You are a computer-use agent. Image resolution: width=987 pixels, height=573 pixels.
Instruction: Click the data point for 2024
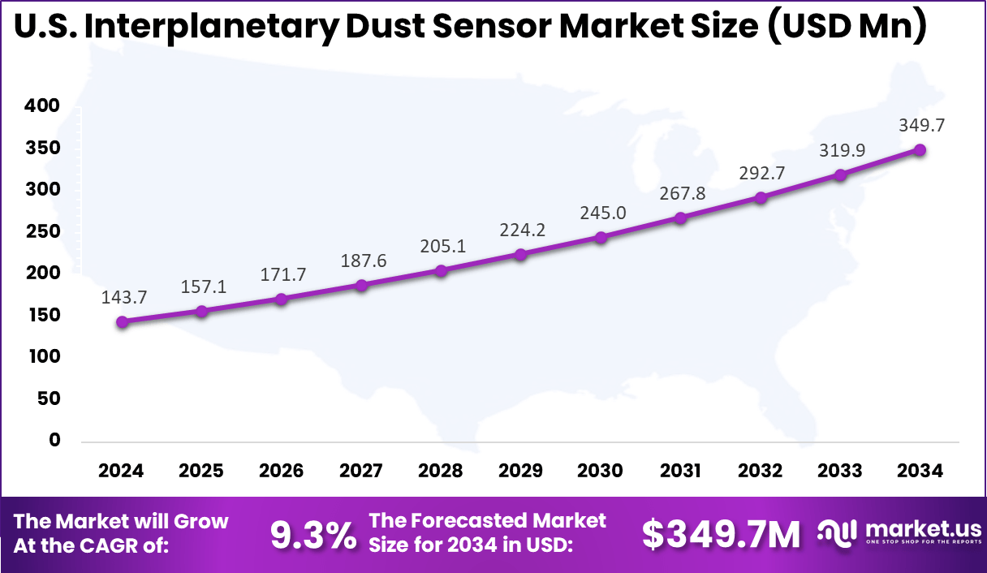point(122,321)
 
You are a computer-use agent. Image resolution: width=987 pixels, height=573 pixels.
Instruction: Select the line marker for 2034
point(920,150)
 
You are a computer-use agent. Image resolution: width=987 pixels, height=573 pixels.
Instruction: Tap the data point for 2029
point(521,254)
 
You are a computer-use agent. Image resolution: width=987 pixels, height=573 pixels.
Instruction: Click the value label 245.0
point(601,213)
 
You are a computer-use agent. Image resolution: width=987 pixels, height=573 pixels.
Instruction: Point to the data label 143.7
point(123,297)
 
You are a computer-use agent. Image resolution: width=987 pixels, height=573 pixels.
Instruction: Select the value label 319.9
point(840,149)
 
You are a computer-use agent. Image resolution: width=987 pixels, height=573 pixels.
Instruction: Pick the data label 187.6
point(362,260)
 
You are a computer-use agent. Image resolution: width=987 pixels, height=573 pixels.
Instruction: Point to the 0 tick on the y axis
point(55,440)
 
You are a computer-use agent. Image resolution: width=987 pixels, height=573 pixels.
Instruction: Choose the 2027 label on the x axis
point(361,472)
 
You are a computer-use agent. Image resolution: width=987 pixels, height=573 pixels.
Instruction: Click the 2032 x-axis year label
point(761,472)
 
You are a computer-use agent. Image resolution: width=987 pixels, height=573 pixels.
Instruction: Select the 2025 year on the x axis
point(201,472)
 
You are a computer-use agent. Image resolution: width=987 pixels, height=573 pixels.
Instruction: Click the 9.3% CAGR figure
point(312,534)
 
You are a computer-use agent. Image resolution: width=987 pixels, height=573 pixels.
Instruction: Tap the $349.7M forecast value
point(721,534)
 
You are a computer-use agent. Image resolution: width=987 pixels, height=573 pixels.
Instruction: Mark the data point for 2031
point(680,218)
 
